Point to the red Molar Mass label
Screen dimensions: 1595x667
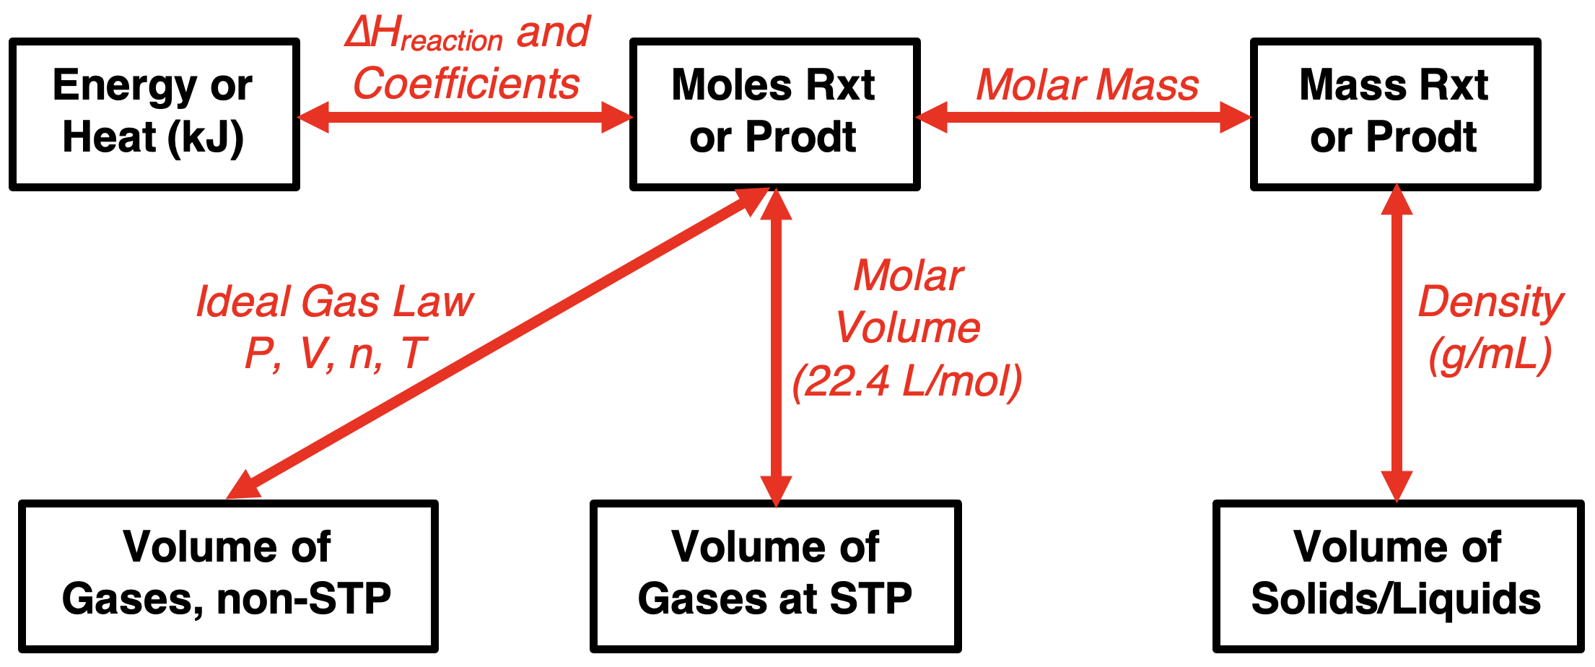(x=1087, y=85)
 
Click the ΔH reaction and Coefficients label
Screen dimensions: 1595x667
(x=468, y=58)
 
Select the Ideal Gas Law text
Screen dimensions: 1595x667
(x=335, y=302)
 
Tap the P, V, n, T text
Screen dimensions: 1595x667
(x=336, y=354)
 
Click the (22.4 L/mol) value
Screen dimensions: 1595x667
(x=907, y=380)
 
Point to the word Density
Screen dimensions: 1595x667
(x=1491, y=302)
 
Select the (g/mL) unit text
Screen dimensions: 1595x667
(x=1490, y=354)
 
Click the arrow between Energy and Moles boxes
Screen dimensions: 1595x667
(x=465, y=117)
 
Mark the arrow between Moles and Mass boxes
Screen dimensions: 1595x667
(x=1085, y=117)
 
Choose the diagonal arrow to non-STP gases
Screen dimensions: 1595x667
(x=498, y=344)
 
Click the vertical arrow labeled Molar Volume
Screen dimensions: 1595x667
(x=777, y=347)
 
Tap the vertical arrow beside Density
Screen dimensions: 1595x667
(x=1397, y=343)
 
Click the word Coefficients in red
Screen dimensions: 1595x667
(x=466, y=83)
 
